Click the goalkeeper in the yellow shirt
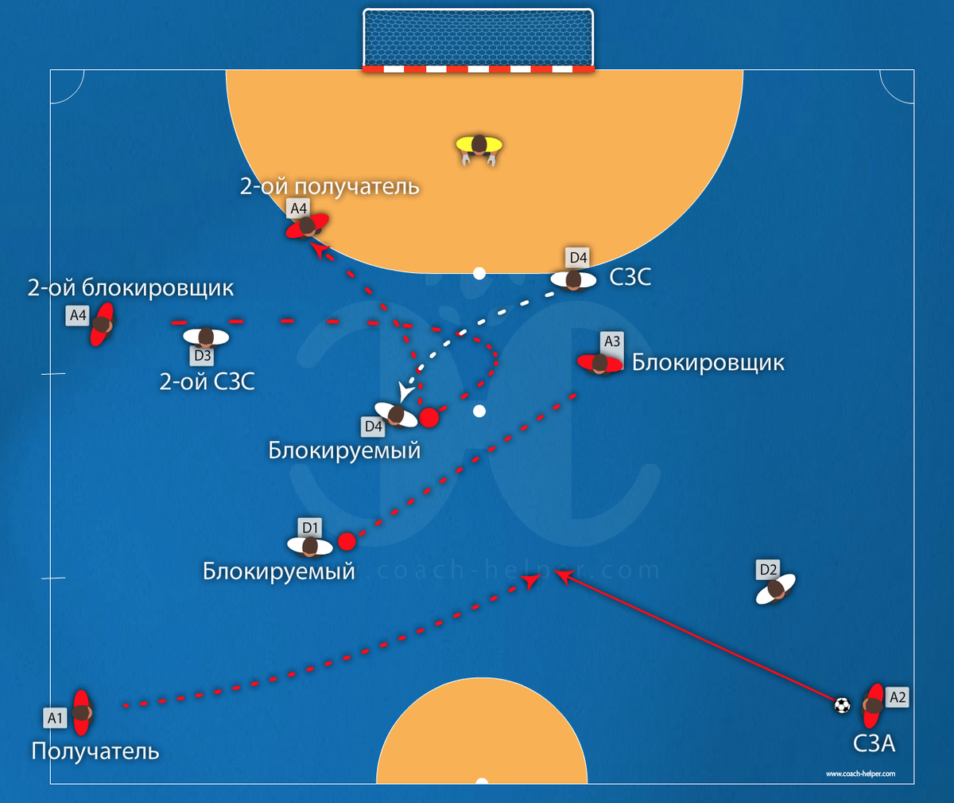click(x=479, y=146)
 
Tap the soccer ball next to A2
click(x=842, y=705)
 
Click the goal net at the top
click(x=478, y=37)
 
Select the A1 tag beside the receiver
click(x=55, y=718)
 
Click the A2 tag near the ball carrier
click(x=897, y=697)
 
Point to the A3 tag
click(x=611, y=341)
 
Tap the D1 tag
click(x=310, y=528)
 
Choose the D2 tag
click(x=768, y=569)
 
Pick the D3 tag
click(x=202, y=356)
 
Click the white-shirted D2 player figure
click(x=775, y=590)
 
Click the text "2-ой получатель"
click(x=329, y=186)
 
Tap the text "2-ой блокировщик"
click(x=131, y=287)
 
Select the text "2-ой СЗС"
click(x=207, y=382)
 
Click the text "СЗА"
click(x=874, y=743)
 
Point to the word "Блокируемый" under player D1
click(x=278, y=571)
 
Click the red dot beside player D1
click(x=346, y=542)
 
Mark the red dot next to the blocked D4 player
click(x=429, y=418)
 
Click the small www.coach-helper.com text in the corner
click(x=860, y=774)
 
